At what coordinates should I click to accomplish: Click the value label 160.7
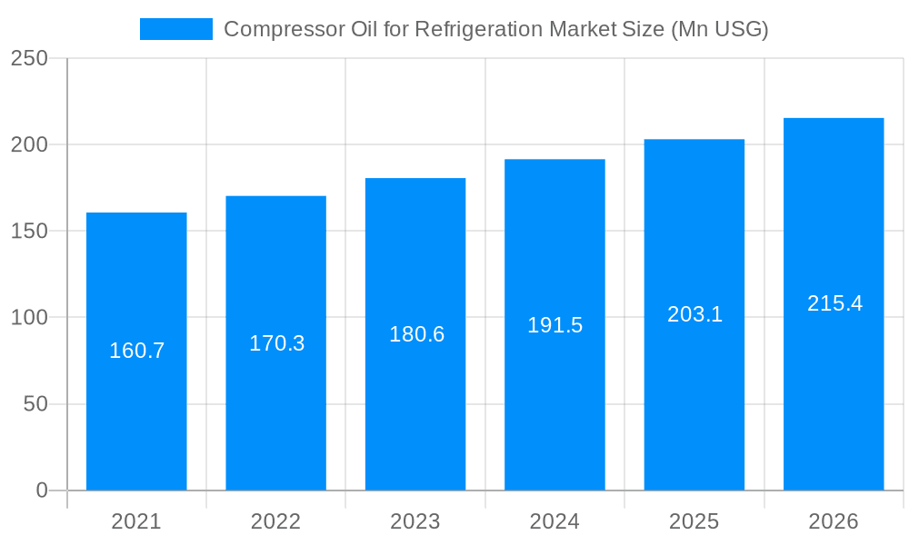click(136, 351)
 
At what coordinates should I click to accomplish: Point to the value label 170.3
click(276, 343)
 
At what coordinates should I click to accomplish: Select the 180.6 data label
click(416, 334)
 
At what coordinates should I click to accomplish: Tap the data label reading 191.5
click(555, 325)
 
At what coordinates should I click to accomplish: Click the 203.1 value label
click(694, 314)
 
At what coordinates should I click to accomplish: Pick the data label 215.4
click(834, 303)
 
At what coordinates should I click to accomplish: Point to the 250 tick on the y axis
click(29, 58)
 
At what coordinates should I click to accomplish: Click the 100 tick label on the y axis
click(29, 318)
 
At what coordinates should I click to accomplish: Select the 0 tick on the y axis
click(42, 490)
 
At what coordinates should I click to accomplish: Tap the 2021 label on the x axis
click(136, 521)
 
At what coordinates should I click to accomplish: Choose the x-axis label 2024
click(554, 521)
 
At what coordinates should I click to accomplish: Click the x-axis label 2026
click(834, 521)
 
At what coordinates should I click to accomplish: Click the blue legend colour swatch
click(175, 29)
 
